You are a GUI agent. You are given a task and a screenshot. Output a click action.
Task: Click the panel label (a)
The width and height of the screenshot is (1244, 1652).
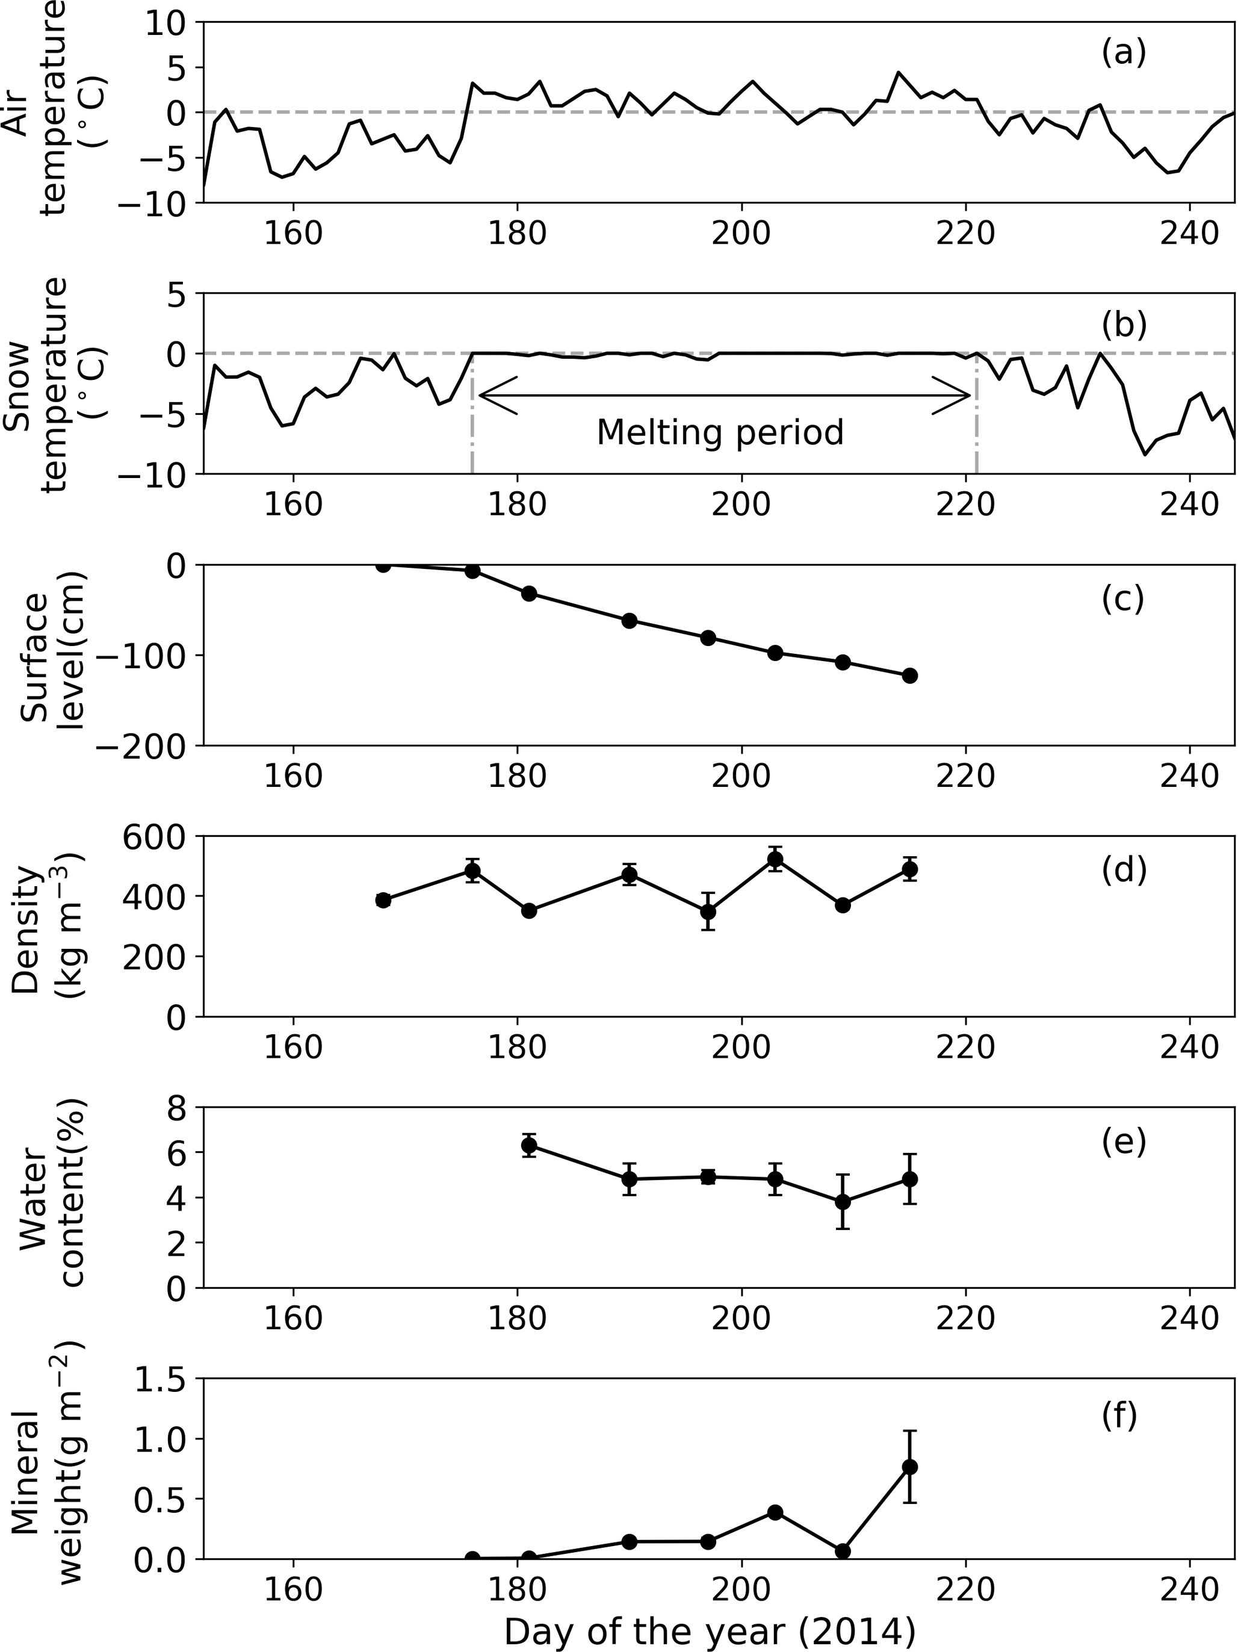[x=1123, y=53]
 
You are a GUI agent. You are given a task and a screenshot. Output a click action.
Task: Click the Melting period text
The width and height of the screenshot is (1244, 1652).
[x=720, y=432]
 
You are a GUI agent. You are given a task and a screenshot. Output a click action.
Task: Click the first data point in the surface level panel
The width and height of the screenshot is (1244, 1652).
[x=383, y=565]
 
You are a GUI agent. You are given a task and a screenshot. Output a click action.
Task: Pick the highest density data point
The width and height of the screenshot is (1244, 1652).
[x=775, y=860]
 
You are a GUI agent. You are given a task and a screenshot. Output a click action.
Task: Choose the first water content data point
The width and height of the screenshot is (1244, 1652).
[x=528, y=1146]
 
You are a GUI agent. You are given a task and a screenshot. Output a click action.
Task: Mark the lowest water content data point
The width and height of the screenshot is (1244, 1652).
[x=843, y=1202]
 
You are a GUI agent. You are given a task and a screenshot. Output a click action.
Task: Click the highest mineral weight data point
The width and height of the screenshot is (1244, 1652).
[x=909, y=1467]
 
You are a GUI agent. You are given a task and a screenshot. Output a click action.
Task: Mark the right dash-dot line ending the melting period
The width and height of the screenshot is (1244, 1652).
[x=976, y=433]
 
